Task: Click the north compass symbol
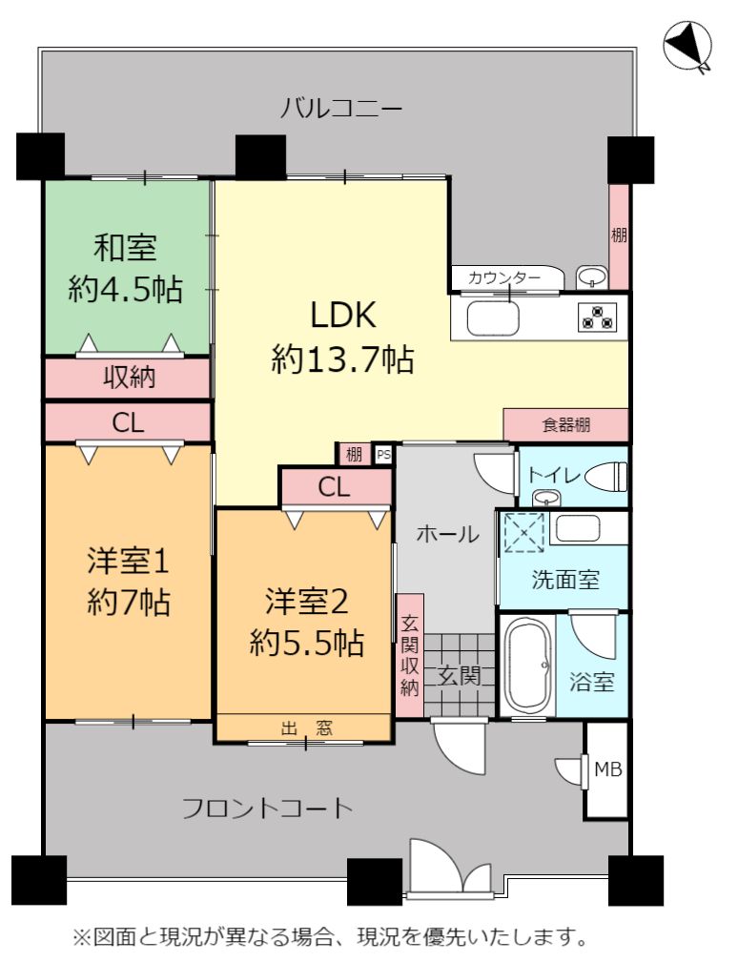tap(687, 46)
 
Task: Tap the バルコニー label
tap(341, 109)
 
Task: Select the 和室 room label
tap(125, 247)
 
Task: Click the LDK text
tap(343, 316)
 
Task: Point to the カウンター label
tap(504, 278)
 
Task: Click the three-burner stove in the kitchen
tap(596, 317)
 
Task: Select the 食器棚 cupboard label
tap(566, 424)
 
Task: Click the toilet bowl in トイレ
tap(606, 477)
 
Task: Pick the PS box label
tap(383, 455)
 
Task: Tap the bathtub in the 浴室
tap(527, 664)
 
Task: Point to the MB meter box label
tap(608, 768)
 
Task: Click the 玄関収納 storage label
tap(410, 657)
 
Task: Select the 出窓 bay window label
tap(307, 728)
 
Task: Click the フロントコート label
tap(268, 808)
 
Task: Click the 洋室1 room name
tap(128, 562)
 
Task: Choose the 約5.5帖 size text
tap(307, 643)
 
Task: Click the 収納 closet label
tap(129, 377)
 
